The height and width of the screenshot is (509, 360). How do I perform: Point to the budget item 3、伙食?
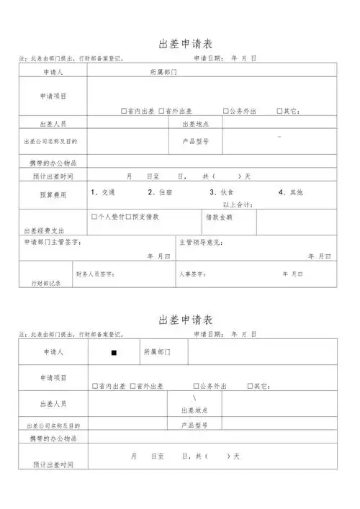(x=222, y=192)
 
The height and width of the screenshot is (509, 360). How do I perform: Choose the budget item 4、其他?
(x=290, y=192)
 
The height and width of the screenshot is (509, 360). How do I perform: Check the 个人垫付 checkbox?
(x=94, y=216)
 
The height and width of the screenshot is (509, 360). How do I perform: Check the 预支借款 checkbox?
(x=128, y=216)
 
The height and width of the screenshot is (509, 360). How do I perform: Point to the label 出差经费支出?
(x=44, y=231)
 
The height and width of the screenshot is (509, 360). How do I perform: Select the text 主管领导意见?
(x=203, y=242)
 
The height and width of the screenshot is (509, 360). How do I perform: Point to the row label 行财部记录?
(x=45, y=283)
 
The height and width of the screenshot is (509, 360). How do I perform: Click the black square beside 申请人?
(x=114, y=353)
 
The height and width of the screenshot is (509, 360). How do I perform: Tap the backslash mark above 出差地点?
(x=194, y=399)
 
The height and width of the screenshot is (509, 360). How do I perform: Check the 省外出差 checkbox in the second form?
(x=132, y=387)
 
